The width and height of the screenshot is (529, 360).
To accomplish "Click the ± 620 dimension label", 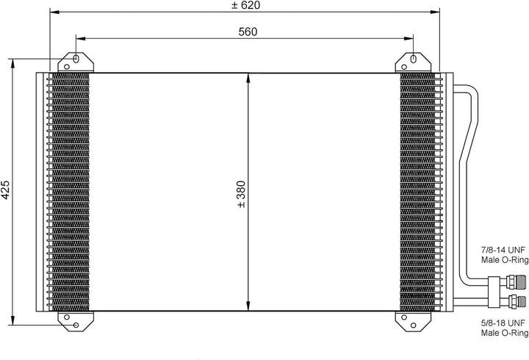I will (x=246, y=6).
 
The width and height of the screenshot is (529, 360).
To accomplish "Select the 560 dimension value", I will (x=248, y=31).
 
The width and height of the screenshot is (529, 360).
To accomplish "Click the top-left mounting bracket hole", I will (x=76, y=60).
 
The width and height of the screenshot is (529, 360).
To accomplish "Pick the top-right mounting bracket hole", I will (x=412, y=60).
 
